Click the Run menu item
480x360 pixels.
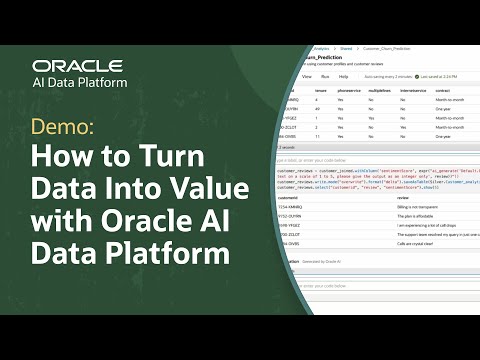325,76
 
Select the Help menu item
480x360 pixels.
343,76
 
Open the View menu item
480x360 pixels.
307,76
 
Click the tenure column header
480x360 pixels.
320,90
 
